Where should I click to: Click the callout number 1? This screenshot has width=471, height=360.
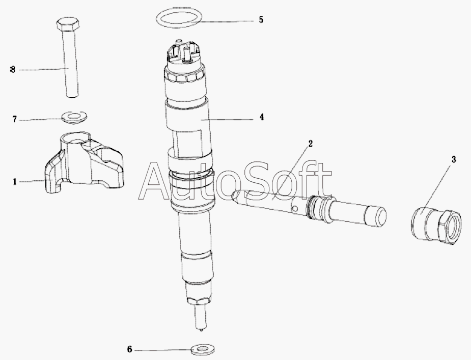click(14, 181)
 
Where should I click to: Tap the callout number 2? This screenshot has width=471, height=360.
click(310, 144)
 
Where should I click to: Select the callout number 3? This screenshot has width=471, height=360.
click(454, 159)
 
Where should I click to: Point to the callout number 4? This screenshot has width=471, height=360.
click(262, 117)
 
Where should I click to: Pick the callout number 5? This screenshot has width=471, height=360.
click(261, 20)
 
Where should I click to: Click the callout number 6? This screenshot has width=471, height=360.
click(129, 349)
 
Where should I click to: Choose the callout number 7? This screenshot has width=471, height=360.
click(14, 119)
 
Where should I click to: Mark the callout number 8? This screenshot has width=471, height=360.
click(13, 70)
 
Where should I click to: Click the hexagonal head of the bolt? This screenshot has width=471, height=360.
click(68, 24)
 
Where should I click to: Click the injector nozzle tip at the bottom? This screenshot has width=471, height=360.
click(200, 329)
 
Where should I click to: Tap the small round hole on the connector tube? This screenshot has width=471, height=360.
click(295, 208)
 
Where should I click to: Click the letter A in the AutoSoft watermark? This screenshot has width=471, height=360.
click(158, 182)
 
